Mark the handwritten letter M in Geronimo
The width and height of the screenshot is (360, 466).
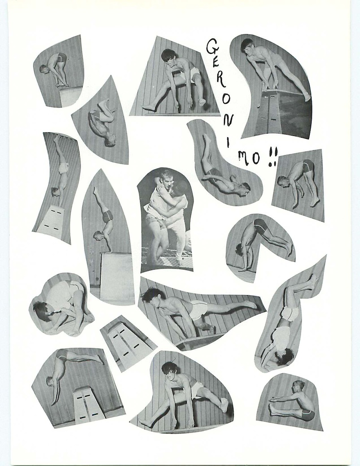point(244,158)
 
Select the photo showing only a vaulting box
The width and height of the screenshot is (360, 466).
point(128,343)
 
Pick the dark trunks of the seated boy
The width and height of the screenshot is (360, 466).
point(308,414)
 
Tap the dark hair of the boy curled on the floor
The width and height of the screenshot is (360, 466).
point(40,309)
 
